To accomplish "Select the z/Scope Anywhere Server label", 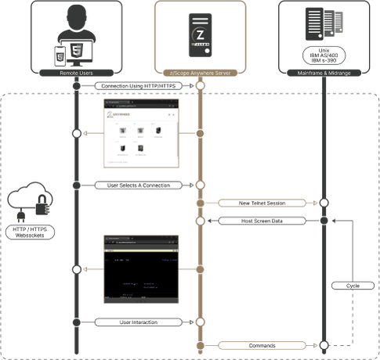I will [x=201, y=73].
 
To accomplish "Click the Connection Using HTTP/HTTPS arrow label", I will [x=139, y=85].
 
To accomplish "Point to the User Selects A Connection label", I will [x=138, y=185].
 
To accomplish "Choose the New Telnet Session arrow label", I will [x=262, y=203].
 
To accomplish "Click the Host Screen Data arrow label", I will [x=262, y=221].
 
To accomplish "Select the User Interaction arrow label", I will [x=138, y=322].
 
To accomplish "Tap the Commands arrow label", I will [x=262, y=344].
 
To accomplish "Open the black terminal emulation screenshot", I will [x=138, y=268].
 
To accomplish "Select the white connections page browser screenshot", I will [x=138, y=134].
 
